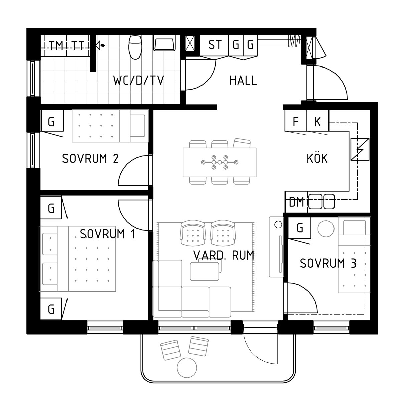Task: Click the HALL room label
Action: click(x=243, y=80)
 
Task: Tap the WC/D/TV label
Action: click(x=139, y=80)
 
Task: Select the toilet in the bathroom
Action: click(x=135, y=47)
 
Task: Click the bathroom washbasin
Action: click(x=164, y=43)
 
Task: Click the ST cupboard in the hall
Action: click(x=215, y=45)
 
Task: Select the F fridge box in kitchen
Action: click(x=296, y=121)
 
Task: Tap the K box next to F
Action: click(x=318, y=121)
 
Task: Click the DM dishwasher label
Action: click(x=296, y=202)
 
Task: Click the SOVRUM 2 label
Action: click(x=90, y=159)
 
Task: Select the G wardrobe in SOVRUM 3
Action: click(x=300, y=228)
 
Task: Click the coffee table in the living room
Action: click(x=205, y=271)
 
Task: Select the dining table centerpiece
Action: click(x=220, y=162)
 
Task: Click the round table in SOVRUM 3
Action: click(x=326, y=229)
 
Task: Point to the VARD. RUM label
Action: click(x=224, y=255)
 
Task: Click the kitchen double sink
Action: click(x=321, y=202)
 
